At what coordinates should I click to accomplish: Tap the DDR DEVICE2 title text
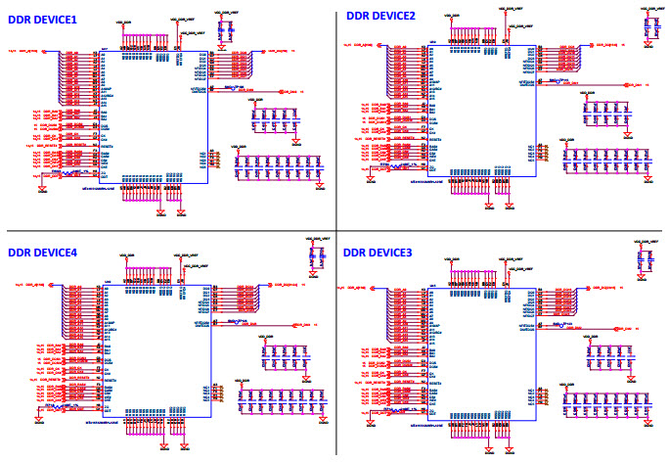(380, 16)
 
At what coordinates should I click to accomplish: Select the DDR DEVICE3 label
(378, 253)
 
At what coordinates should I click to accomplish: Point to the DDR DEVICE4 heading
(42, 253)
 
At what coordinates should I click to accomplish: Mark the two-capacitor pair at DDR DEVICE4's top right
(315, 257)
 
